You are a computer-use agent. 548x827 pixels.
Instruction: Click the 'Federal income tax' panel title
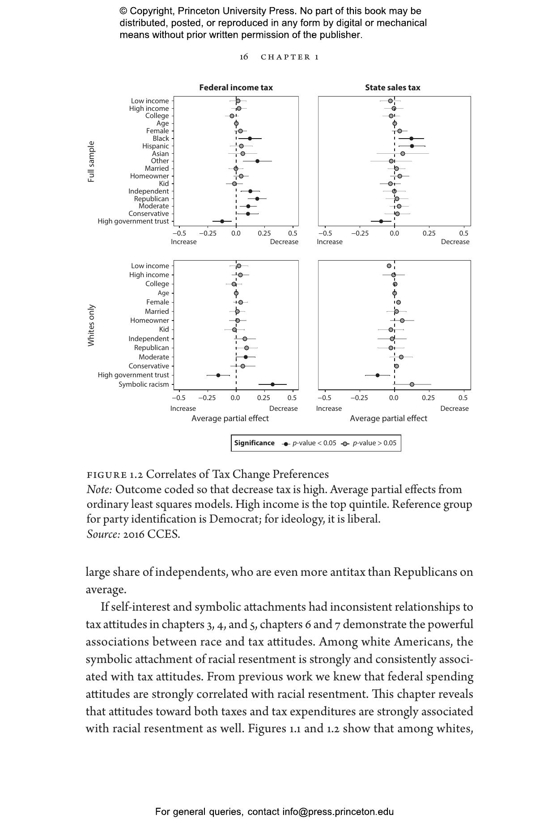click(x=236, y=88)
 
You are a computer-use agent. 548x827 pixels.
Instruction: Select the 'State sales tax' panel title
click(x=392, y=88)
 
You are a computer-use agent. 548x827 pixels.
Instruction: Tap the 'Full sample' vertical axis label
click(x=91, y=161)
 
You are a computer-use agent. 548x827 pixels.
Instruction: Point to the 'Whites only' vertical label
click(x=91, y=325)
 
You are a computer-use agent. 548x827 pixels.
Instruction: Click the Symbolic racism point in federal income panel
click(x=272, y=384)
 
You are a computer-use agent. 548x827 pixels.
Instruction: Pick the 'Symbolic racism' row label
click(x=144, y=384)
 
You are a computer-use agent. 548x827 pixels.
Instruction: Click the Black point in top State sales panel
click(x=411, y=139)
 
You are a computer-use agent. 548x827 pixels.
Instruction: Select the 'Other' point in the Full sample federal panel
click(x=257, y=161)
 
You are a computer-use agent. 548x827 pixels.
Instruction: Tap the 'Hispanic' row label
click(x=155, y=146)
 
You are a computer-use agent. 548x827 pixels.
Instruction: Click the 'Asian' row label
click(x=160, y=154)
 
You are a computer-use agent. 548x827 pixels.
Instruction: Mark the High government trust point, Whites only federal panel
click(x=218, y=375)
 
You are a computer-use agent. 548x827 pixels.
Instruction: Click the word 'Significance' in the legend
click(x=254, y=443)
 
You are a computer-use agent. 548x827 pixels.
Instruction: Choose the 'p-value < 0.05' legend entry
click(x=314, y=443)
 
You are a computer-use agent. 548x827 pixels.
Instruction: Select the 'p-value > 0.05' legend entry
click(x=374, y=443)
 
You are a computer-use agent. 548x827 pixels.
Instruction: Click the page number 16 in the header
click(x=244, y=57)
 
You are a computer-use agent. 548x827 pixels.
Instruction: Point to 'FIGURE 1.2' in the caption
click(x=114, y=475)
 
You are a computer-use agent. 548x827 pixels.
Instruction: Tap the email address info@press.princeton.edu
click(x=338, y=812)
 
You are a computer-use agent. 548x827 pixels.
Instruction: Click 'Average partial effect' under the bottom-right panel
click(x=388, y=418)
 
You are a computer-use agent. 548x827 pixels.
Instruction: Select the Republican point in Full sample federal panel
click(x=257, y=198)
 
